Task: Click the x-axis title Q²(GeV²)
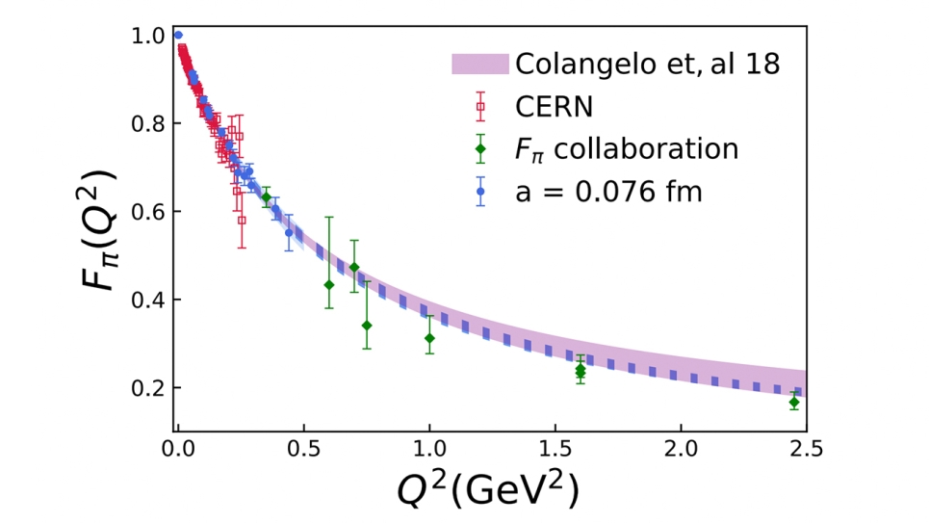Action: pyautogui.click(x=488, y=490)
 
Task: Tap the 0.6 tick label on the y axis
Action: pyautogui.click(x=150, y=212)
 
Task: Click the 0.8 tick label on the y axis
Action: pyautogui.click(x=150, y=124)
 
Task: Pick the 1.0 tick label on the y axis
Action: pyautogui.click(x=150, y=37)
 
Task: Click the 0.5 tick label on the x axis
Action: pyautogui.click(x=303, y=447)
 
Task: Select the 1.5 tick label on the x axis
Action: pyautogui.click(x=555, y=447)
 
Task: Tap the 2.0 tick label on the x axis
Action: pyautogui.click(x=681, y=447)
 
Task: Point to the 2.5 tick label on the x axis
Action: pyautogui.click(x=805, y=447)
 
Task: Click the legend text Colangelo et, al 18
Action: pyautogui.click(x=647, y=64)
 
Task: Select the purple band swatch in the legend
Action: pyautogui.click(x=479, y=65)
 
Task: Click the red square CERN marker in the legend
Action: pyautogui.click(x=479, y=106)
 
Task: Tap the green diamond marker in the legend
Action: pyautogui.click(x=479, y=149)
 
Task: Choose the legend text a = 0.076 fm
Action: pyautogui.click(x=609, y=191)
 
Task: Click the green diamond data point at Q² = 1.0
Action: pyautogui.click(x=429, y=338)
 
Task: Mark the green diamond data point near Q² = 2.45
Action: pyautogui.click(x=794, y=402)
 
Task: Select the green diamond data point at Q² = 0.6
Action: pyautogui.click(x=329, y=284)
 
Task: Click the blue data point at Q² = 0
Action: pyautogui.click(x=178, y=36)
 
